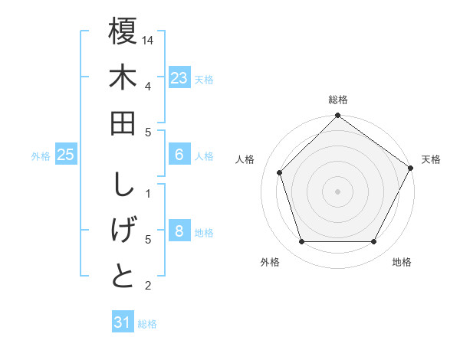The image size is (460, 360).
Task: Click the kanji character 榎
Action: pyautogui.click(x=123, y=33)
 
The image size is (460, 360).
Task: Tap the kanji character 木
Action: pyautogui.click(x=123, y=79)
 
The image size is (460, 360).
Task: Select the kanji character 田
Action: pyautogui.click(x=123, y=125)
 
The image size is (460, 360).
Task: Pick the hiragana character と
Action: pyautogui.click(x=123, y=277)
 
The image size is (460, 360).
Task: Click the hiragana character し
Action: pyautogui.click(x=123, y=185)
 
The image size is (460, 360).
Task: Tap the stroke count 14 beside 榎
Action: pyautogui.click(x=149, y=39)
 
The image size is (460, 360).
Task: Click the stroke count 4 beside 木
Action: pyautogui.click(x=147, y=85)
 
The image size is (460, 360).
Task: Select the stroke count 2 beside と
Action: pyautogui.click(x=147, y=286)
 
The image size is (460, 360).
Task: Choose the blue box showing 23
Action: pyautogui.click(x=179, y=78)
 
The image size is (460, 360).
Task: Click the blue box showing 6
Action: pyautogui.click(x=179, y=155)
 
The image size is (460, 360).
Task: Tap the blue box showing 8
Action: pyautogui.click(x=179, y=231)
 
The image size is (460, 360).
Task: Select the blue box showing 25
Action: pyautogui.click(x=66, y=155)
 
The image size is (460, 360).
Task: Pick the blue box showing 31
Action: pyautogui.click(x=123, y=322)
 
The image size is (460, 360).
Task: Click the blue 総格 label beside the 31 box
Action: pyautogui.click(x=147, y=324)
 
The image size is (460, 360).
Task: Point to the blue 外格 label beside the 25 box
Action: pyautogui.click(x=41, y=156)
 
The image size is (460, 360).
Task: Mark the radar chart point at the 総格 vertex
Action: pyautogui.click(x=337, y=116)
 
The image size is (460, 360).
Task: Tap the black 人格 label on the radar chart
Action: pyautogui.click(x=245, y=159)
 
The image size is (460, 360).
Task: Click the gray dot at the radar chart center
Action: pyautogui.click(x=337, y=191)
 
